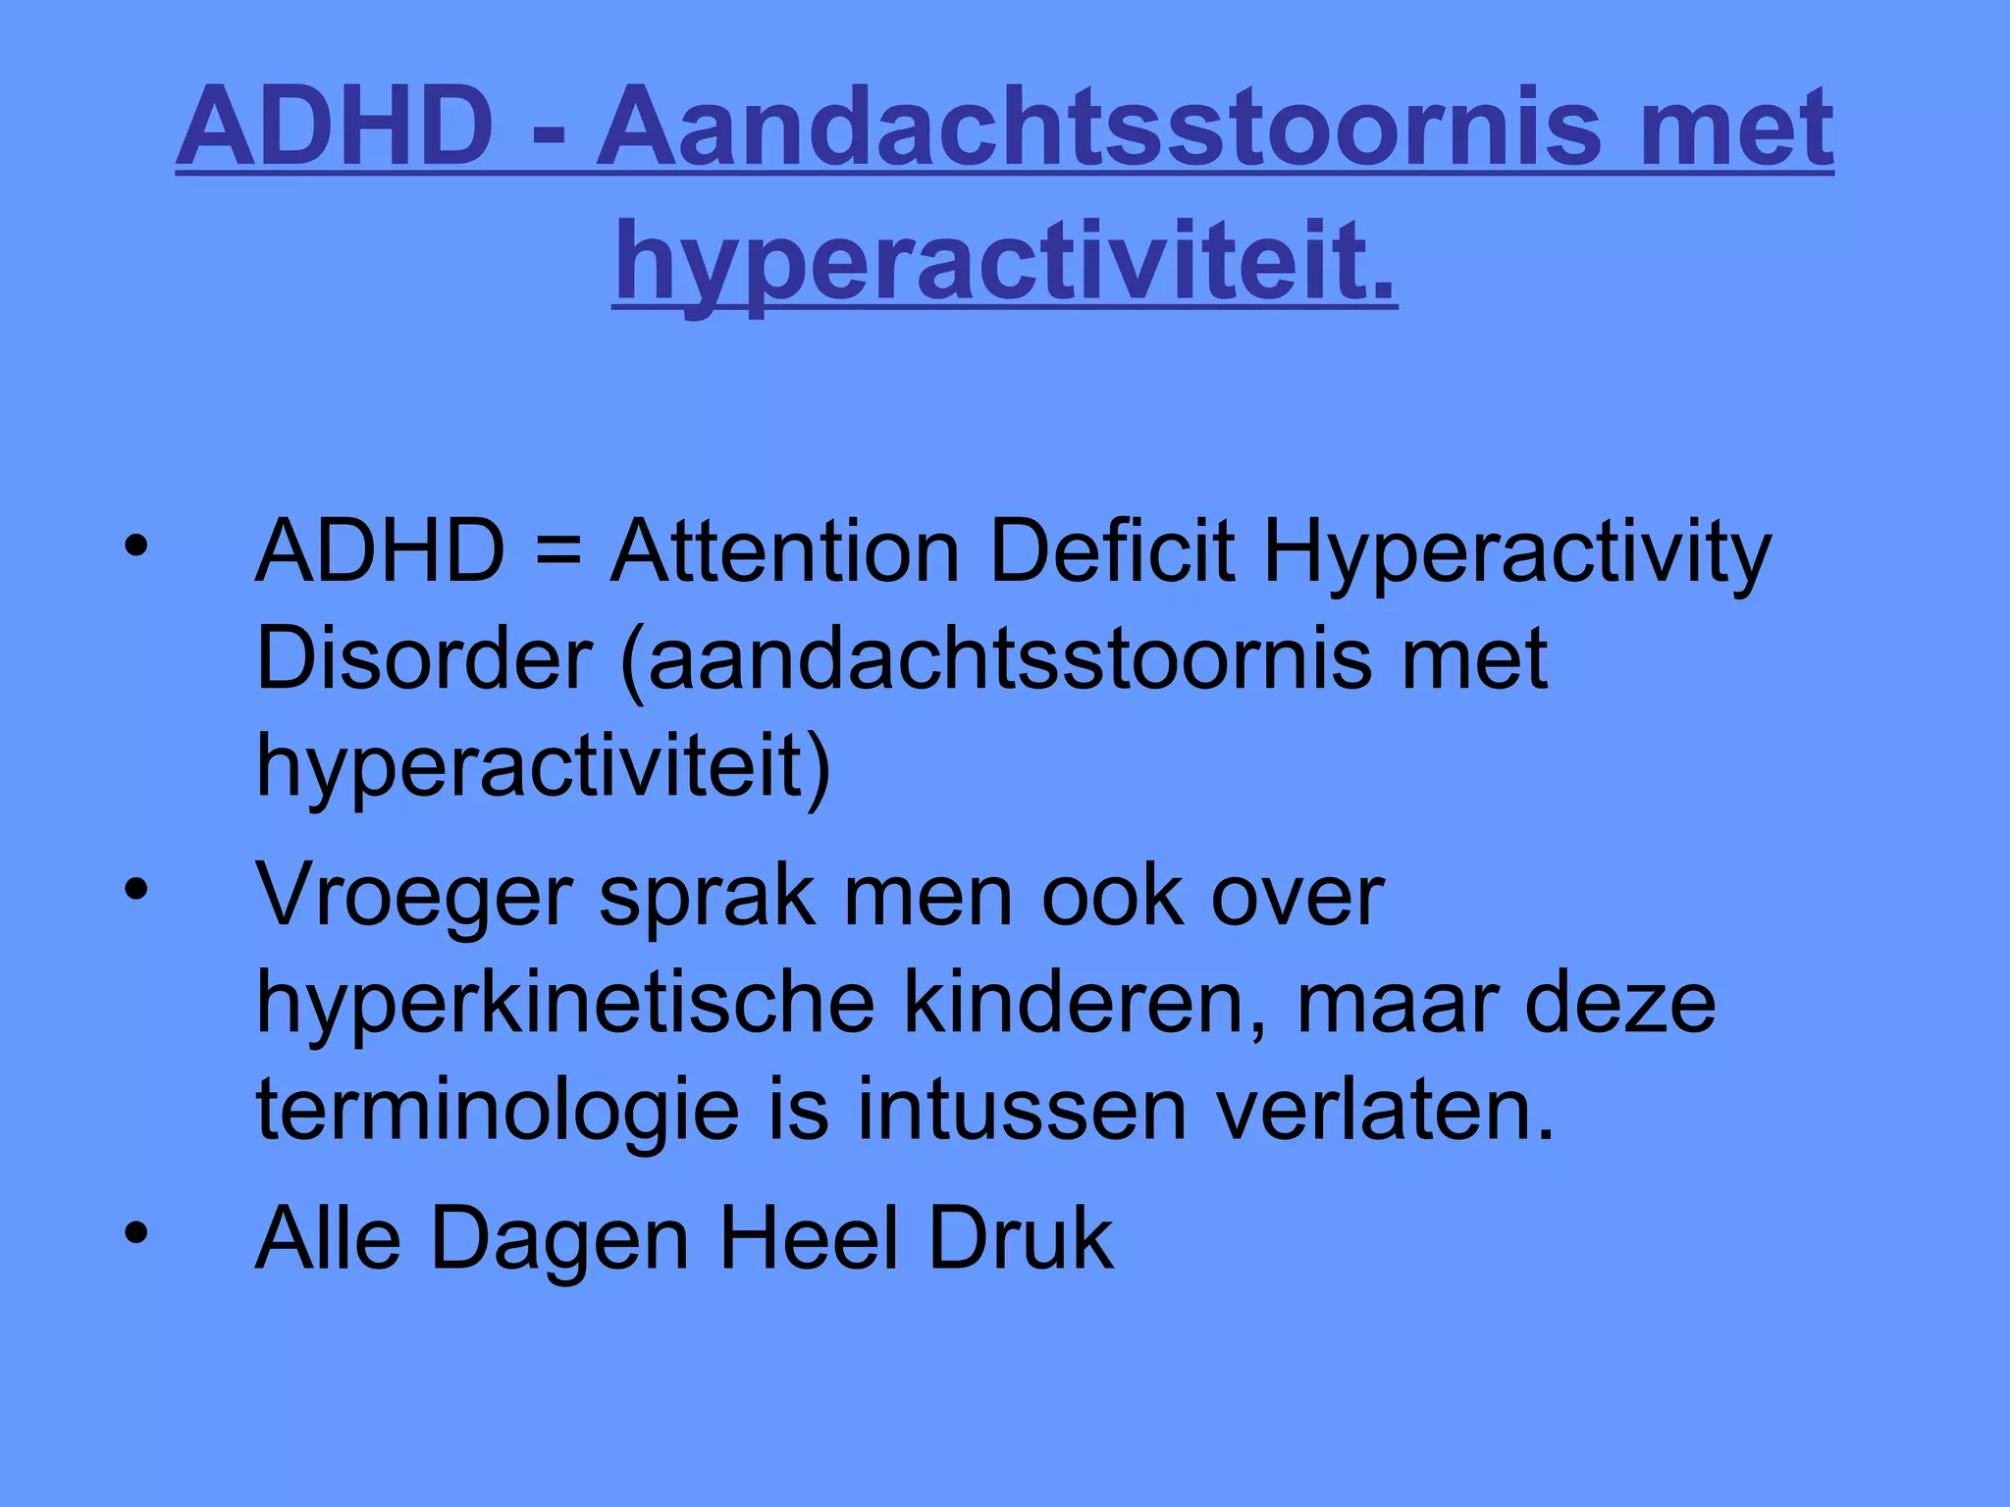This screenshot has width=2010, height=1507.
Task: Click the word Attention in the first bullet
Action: (784, 552)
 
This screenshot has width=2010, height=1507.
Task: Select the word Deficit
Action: (1112, 552)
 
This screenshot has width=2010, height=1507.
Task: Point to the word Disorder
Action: (424, 659)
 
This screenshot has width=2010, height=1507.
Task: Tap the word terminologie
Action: (498, 1112)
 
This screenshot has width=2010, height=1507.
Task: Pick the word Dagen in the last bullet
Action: (560, 1240)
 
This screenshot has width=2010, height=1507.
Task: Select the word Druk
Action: (1021, 1238)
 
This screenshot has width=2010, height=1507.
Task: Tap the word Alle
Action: (328, 1238)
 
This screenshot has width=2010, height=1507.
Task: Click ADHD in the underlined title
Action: (336, 128)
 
